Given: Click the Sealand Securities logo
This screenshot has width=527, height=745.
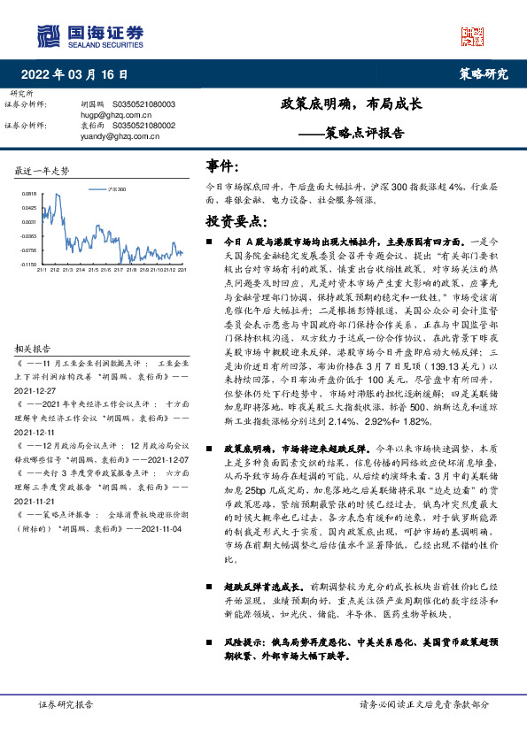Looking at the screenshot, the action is [89, 35].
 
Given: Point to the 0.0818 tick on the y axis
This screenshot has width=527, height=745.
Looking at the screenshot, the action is [29, 193].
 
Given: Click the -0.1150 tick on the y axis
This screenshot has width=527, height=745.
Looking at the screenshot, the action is [28, 264].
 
